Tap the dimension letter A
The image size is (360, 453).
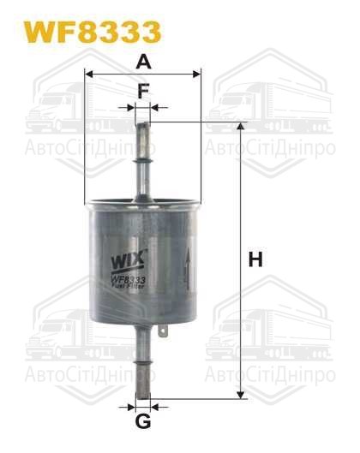pos(143,61)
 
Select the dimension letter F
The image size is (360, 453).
pos(143,89)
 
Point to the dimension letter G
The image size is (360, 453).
pos(143,420)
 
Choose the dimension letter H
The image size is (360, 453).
pos(255,259)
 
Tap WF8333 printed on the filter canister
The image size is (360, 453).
pos(128,278)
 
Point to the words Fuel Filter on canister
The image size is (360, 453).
pos(129,288)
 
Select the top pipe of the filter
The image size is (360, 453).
pos(143,158)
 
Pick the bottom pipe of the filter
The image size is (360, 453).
pos(143,360)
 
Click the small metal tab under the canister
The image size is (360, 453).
pos(165,328)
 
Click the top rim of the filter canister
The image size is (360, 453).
pos(142,203)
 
